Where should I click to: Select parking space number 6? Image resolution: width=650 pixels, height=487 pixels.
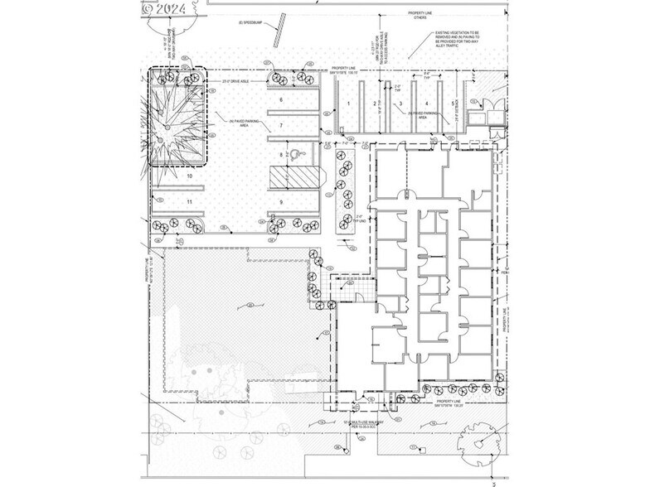[x=281, y=99]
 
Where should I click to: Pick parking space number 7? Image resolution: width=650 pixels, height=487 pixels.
[x=281, y=125]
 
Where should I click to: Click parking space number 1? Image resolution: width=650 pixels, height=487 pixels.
[x=350, y=103]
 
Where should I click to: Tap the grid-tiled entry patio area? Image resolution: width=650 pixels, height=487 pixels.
[x=343, y=288]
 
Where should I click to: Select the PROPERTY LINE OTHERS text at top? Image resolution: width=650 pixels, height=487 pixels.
[x=419, y=16]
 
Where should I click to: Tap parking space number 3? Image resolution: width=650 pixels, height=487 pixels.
[x=400, y=104]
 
